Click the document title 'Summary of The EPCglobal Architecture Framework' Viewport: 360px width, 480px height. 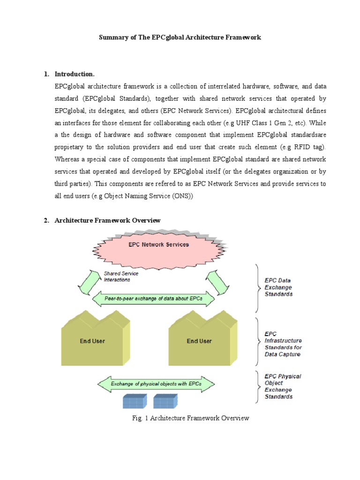(x=180, y=37)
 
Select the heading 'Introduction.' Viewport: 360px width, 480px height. (x=75, y=74)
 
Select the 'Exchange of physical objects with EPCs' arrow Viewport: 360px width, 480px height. (x=156, y=384)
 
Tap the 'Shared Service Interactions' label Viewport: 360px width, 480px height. (x=117, y=277)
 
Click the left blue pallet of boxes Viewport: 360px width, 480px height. (x=135, y=402)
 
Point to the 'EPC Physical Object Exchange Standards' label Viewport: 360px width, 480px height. (x=283, y=386)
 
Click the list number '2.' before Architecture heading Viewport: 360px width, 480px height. (x=47, y=220)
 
